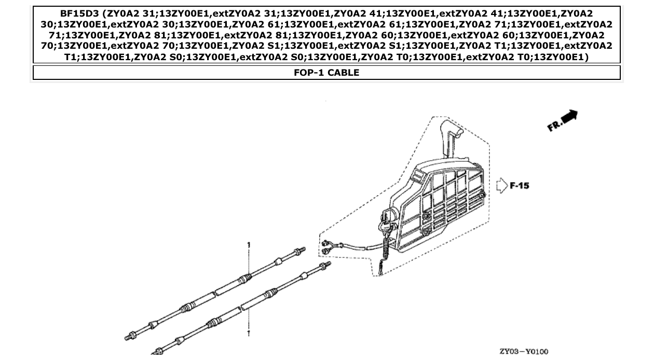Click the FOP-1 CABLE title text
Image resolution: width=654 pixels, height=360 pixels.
coord(326,73)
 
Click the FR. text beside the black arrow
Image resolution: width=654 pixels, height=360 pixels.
coord(554,126)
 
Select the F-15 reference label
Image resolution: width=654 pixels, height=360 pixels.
coord(520,185)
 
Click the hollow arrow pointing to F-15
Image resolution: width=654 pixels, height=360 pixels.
coord(501,186)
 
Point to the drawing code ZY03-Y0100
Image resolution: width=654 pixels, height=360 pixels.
coord(523,352)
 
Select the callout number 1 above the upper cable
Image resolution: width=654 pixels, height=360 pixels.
coord(249,244)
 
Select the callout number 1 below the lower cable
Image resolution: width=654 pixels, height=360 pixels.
coord(249,333)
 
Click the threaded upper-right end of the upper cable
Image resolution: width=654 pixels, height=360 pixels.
coord(299,252)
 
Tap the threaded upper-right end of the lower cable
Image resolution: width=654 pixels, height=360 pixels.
coord(325,266)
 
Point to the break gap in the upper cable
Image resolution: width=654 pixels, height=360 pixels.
coord(216,294)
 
